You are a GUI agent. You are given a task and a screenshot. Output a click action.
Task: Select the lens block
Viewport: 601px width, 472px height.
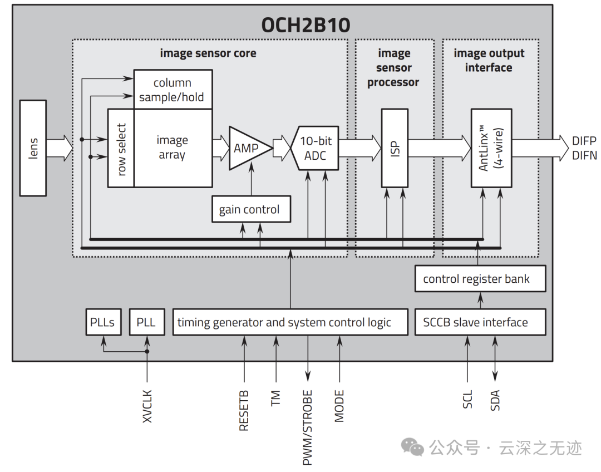[x=33, y=148]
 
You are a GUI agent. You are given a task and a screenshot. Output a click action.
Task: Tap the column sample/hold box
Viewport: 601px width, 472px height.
[x=173, y=90]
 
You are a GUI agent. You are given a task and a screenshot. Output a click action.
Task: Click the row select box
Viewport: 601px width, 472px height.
[x=121, y=149]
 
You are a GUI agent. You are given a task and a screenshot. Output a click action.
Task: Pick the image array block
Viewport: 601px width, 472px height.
[x=173, y=148]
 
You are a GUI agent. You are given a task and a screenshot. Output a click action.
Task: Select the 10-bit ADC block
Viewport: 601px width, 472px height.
[x=314, y=148]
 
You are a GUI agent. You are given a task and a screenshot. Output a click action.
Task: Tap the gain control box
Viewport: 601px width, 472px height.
[x=250, y=209]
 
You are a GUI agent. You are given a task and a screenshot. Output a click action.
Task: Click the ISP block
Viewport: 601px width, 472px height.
[x=395, y=148]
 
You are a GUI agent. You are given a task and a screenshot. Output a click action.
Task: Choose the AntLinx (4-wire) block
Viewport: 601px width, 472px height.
[x=491, y=148]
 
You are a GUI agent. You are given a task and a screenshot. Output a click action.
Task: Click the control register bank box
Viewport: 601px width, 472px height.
[x=480, y=279]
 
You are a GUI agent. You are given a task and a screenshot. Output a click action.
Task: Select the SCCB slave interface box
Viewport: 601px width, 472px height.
[x=480, y=322]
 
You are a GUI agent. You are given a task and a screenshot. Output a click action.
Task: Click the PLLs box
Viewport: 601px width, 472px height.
[x=103, y=322]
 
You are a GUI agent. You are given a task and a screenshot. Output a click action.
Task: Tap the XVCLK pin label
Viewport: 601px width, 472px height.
[x=147, y=406]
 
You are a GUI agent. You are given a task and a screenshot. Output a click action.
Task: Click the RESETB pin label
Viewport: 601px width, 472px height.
[x=244, y=411]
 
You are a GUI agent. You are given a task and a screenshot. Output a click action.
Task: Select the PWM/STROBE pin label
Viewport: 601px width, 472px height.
[x=307, y=427]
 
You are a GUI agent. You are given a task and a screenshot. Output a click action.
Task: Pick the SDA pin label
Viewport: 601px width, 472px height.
[x=495, y=401]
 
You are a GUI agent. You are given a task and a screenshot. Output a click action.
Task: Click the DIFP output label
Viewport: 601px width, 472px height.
[x=584, y=141]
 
